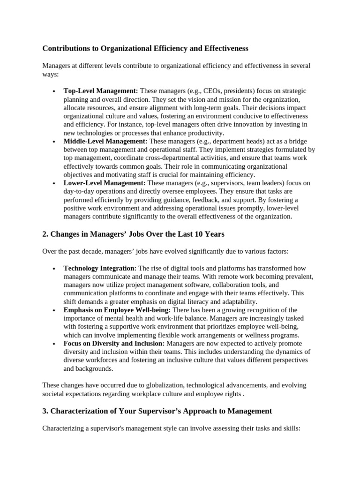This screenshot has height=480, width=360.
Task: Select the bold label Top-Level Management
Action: [100, 91]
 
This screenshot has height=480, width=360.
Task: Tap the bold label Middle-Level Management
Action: [105, 141]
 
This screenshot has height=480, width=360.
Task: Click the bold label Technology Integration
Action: [100, 268]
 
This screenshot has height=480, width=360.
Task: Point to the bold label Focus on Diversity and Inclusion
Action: [114, 344]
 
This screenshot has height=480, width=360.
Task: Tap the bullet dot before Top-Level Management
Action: [54, 91]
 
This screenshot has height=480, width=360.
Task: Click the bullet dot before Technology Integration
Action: [54, 269]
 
